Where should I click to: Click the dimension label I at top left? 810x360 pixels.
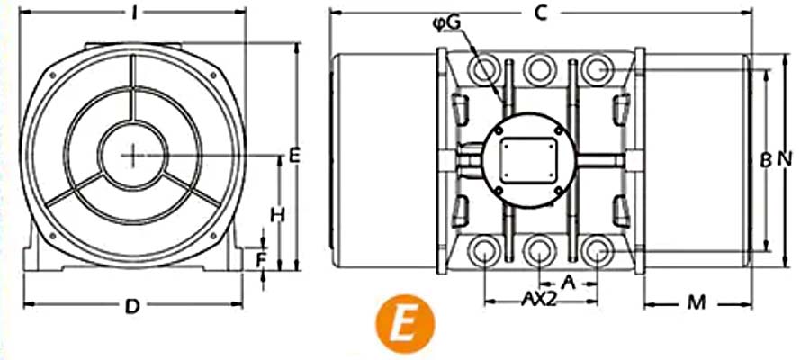coord(134,13)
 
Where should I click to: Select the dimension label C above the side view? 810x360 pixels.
coord(540,13)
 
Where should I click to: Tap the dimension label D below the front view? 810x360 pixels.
coord(133,306)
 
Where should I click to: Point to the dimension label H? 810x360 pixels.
coord(278,215)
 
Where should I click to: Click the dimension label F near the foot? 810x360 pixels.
coord(262,260)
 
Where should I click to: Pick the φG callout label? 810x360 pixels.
coord(445,23)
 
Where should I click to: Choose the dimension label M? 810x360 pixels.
coord(696,303)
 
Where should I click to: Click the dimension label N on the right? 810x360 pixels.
coord(785,160)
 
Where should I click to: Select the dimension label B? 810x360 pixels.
coord(766,160)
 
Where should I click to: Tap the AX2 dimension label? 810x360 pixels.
coord(539,299)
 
